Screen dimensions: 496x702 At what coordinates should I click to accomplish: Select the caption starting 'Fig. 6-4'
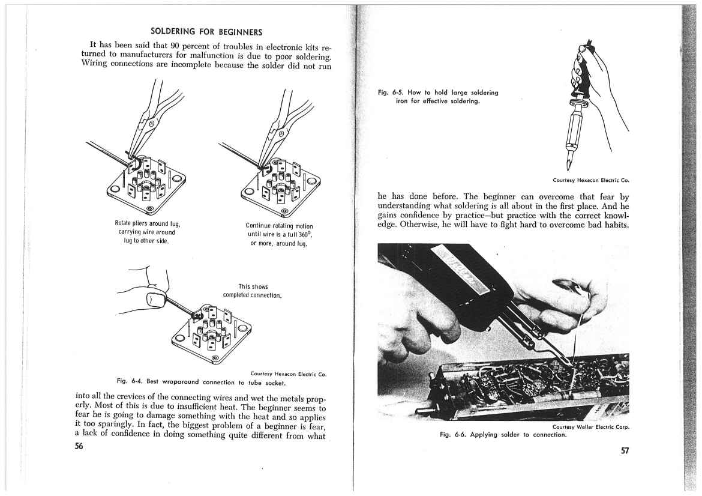point(200,381)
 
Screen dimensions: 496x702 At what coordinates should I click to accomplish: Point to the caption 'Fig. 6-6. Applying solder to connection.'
point(503,434)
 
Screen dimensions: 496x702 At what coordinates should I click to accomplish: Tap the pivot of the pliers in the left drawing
point(152,124)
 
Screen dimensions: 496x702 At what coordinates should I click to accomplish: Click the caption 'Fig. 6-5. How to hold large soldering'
point(438,92)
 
